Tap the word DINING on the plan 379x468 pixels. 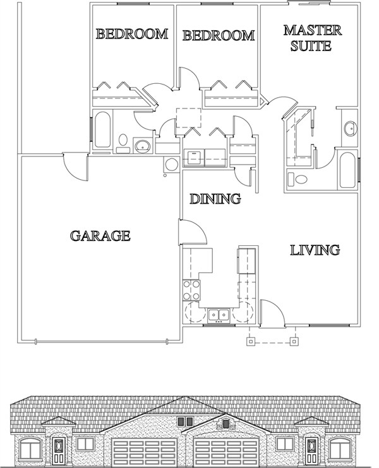pos(215,199)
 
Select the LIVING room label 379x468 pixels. pos(315,250)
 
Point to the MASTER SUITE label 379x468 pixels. pos(312,38)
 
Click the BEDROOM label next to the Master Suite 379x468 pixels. pos(218,36)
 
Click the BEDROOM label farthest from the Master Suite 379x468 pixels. pos(132,34)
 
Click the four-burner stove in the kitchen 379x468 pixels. pos(191,291)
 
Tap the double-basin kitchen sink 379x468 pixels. pos(219,313)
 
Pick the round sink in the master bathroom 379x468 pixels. pos(349,129)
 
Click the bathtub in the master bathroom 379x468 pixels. pos(348,170)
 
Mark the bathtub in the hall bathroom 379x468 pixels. pos(102,129)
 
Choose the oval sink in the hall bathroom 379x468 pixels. pos(143,147)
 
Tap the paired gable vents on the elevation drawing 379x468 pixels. pos(184,421)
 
